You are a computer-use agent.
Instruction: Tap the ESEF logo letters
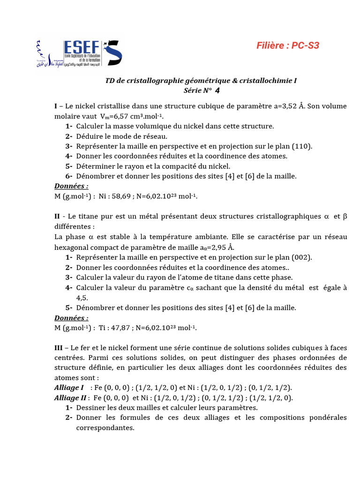(x=82, y=48)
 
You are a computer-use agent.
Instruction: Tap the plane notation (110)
(x=302, y=146)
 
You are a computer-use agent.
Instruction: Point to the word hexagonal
(x=73, y=247)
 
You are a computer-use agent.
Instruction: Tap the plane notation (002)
(x=302, y=257)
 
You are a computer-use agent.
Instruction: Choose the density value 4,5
(x=82, y=298)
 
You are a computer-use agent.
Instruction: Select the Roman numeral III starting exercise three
(x=59, y=348)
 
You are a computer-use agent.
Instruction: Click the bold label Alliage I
(x=69, y=388)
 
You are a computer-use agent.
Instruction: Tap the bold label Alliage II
(x=70, y=398)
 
